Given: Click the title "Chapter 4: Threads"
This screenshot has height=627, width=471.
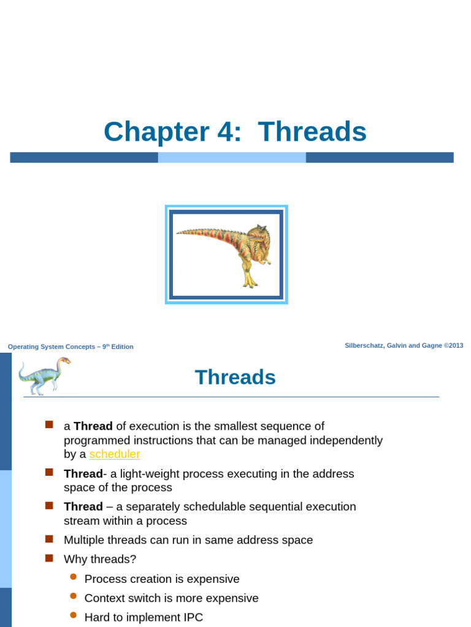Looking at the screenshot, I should coord(235,132).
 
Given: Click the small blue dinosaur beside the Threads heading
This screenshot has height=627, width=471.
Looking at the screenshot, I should coord(44,375).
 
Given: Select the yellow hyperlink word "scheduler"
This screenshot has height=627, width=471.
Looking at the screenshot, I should coord(115,454).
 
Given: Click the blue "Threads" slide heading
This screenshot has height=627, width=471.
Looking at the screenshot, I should coord(235,377).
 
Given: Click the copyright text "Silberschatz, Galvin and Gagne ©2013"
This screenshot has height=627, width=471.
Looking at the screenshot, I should coord(404,345).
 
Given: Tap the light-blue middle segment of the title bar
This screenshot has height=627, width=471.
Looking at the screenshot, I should coord(232,157).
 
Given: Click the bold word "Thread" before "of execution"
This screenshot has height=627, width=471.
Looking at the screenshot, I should coord(93,426).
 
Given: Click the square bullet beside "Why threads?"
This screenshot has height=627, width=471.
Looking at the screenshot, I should coord(49,558).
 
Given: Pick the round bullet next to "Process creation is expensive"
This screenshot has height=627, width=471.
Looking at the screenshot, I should coord(74,577).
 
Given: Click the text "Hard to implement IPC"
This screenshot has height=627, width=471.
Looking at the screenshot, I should coord(144,617).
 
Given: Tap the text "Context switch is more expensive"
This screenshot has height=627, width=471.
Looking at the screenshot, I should coord(171,598).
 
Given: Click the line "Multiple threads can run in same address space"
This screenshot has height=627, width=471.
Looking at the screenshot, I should coord(188,540).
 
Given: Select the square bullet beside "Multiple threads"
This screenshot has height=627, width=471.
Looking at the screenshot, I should coord(49,539).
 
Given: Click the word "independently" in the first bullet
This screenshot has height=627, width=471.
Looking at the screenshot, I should coord(348,440).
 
